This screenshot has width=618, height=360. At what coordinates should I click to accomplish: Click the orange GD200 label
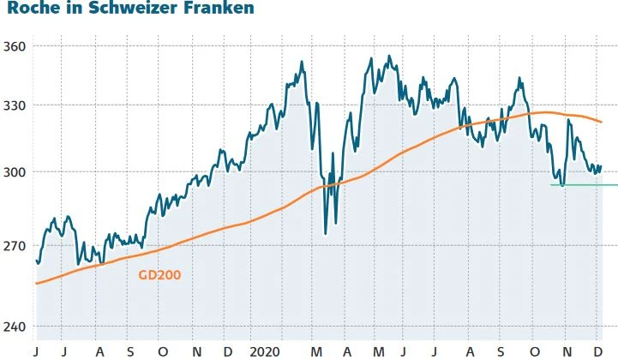[x=159, y=275]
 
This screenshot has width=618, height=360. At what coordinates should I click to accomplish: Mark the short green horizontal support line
[x=583, y=184]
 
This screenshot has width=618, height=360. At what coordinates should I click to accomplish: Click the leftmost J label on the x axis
[x=36, y=351]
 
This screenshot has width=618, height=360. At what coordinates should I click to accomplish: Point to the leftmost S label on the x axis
[x=130, y=351]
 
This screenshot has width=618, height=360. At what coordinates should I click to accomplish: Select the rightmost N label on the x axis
[x=566, y=351]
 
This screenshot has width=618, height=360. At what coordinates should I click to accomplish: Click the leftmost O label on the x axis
[x=162, y=351]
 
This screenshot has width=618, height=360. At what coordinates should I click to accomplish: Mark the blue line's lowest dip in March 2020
[x=325, y=234]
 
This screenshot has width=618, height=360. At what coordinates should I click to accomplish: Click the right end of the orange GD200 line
[x=602, y=122]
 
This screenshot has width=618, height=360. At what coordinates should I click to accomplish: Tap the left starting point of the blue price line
[x=36, y=261]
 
